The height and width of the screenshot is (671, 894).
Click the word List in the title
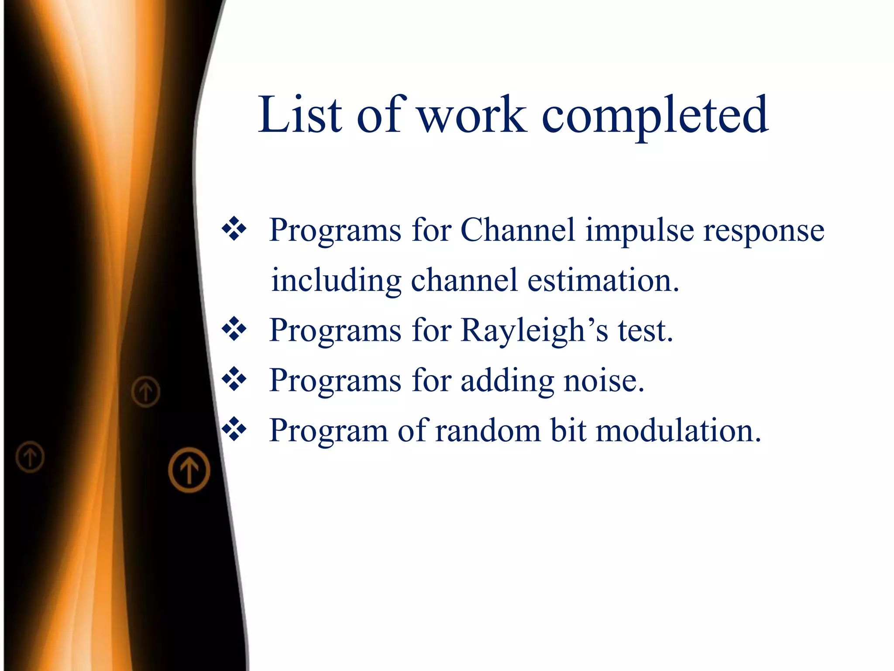point(300,114)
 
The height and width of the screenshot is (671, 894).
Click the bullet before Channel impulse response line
point(234,228)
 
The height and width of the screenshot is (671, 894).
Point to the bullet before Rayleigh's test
point(234,329)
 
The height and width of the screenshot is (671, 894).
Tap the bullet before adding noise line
point(234,379)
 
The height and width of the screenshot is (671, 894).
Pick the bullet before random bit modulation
point(234,429)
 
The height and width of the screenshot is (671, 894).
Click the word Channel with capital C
point(518,230)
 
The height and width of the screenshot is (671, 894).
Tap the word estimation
point(603,280)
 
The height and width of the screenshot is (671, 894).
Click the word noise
point(604,380)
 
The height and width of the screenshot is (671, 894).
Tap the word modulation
point(679,430)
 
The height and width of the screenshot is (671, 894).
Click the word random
point(488,430)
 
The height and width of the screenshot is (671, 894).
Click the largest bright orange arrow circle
point(189,470)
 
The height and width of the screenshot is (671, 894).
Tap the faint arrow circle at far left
point(30,457)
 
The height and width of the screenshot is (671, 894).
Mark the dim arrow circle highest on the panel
point(146,391)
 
